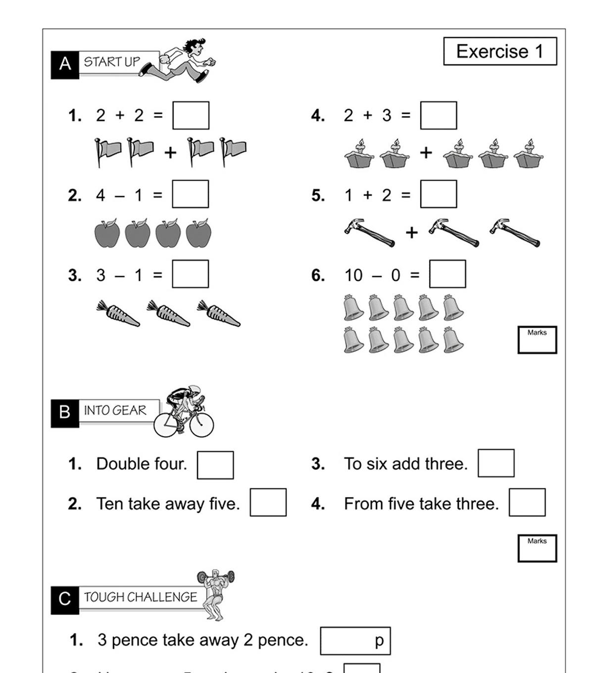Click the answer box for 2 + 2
click(191, 115)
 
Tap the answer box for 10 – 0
click(447, 274)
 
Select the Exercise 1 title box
click(500, 52)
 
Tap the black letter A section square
click(65, 64)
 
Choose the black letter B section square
click(65, 413)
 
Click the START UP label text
click(112, 62)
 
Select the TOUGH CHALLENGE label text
click(141, 597)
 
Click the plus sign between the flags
click(170, 153)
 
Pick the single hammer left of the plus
click(369, 232)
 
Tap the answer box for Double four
click(215, 465)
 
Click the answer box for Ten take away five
click(268, 503)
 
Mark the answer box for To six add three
click(496, 463)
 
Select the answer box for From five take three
click(527, 503)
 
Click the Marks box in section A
click(537, 340)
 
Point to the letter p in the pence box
click(379, 640)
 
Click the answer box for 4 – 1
click(191, 194)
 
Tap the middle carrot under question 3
click(168, 313)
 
